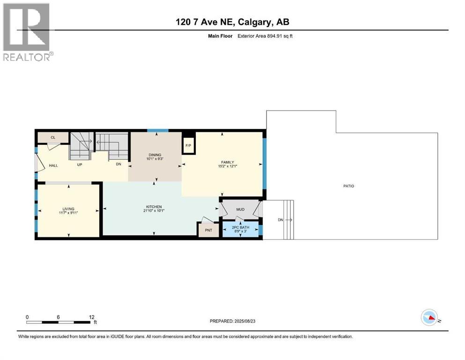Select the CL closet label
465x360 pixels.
(53, 137)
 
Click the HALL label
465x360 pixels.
(53, 165)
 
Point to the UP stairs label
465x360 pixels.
(80, 165)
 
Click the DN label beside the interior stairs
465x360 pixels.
(119, 165)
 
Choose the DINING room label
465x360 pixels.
(155, 155)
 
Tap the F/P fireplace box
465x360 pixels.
(188, 145)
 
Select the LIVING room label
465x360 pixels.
(69, 209)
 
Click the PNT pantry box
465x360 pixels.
(208, 230)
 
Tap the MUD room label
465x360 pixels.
(240, 210)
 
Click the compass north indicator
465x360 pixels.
(429, 318)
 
